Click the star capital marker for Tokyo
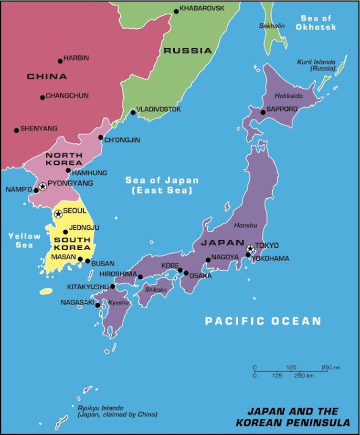point(250,249)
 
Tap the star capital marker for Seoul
point(58,214)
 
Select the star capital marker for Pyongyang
point(42,186)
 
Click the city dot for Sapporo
point(263,112)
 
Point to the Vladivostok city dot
point(133,113)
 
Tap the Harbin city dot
point(60,61)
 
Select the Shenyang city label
point(39,128)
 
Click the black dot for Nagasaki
point(97,305)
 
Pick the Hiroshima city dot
point(140,277)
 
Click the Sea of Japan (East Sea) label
point(162,185)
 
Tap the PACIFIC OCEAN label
point(263,321)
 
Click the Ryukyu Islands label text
point(117,411)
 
